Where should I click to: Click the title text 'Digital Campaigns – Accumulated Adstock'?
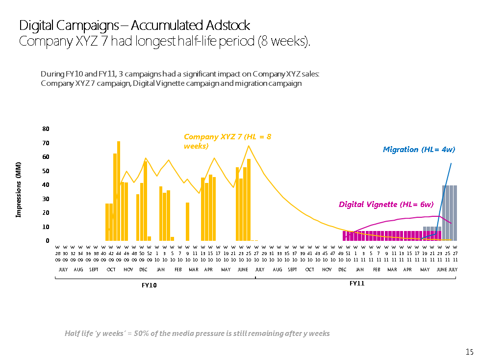(134, 26)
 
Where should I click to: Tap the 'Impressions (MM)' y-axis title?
(19, 189)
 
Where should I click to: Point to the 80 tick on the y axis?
(46, 129)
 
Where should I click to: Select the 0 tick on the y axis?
(48, 241)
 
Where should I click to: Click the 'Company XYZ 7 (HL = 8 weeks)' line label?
(227, 141)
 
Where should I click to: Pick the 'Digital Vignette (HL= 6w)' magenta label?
(386, 204)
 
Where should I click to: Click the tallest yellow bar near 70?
(119, 191)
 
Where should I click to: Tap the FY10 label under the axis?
(149, 285)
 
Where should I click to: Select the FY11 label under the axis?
(357, 283)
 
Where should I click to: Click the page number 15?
(469, 352)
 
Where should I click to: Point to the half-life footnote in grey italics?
(197, 334)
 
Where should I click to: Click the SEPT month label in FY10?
(94, 270)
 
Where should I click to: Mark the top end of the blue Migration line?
(451, 163)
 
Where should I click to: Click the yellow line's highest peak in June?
(249, 146)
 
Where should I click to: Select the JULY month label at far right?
(453, 270)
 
